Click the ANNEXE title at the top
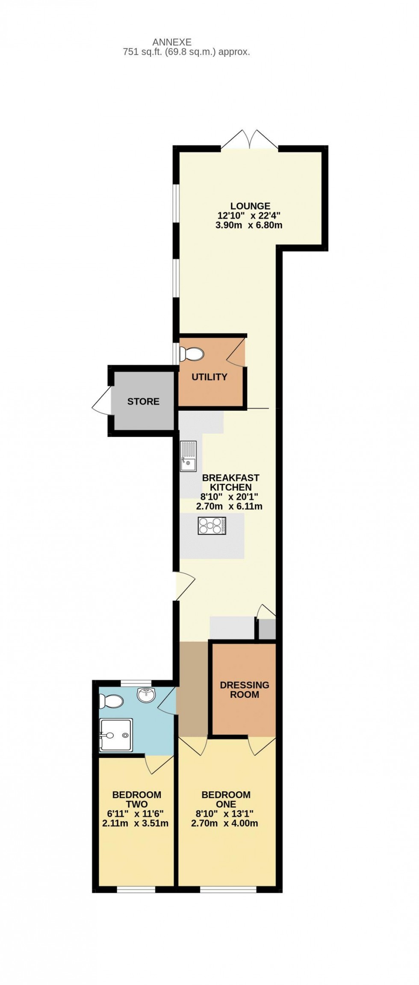pyautogui.click(x=172, y=42)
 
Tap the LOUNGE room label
pyautogui.click(x=250, y=206)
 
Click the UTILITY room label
pyautogui.click(x=209, y=377)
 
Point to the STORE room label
pyautogui.click(x=143, y=401)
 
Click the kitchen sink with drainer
pyautogui.click(x=188, y=456)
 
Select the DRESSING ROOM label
pyautogui.click(x=245, y=690)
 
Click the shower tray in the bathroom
pyautogui.click(x=116, y=735)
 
